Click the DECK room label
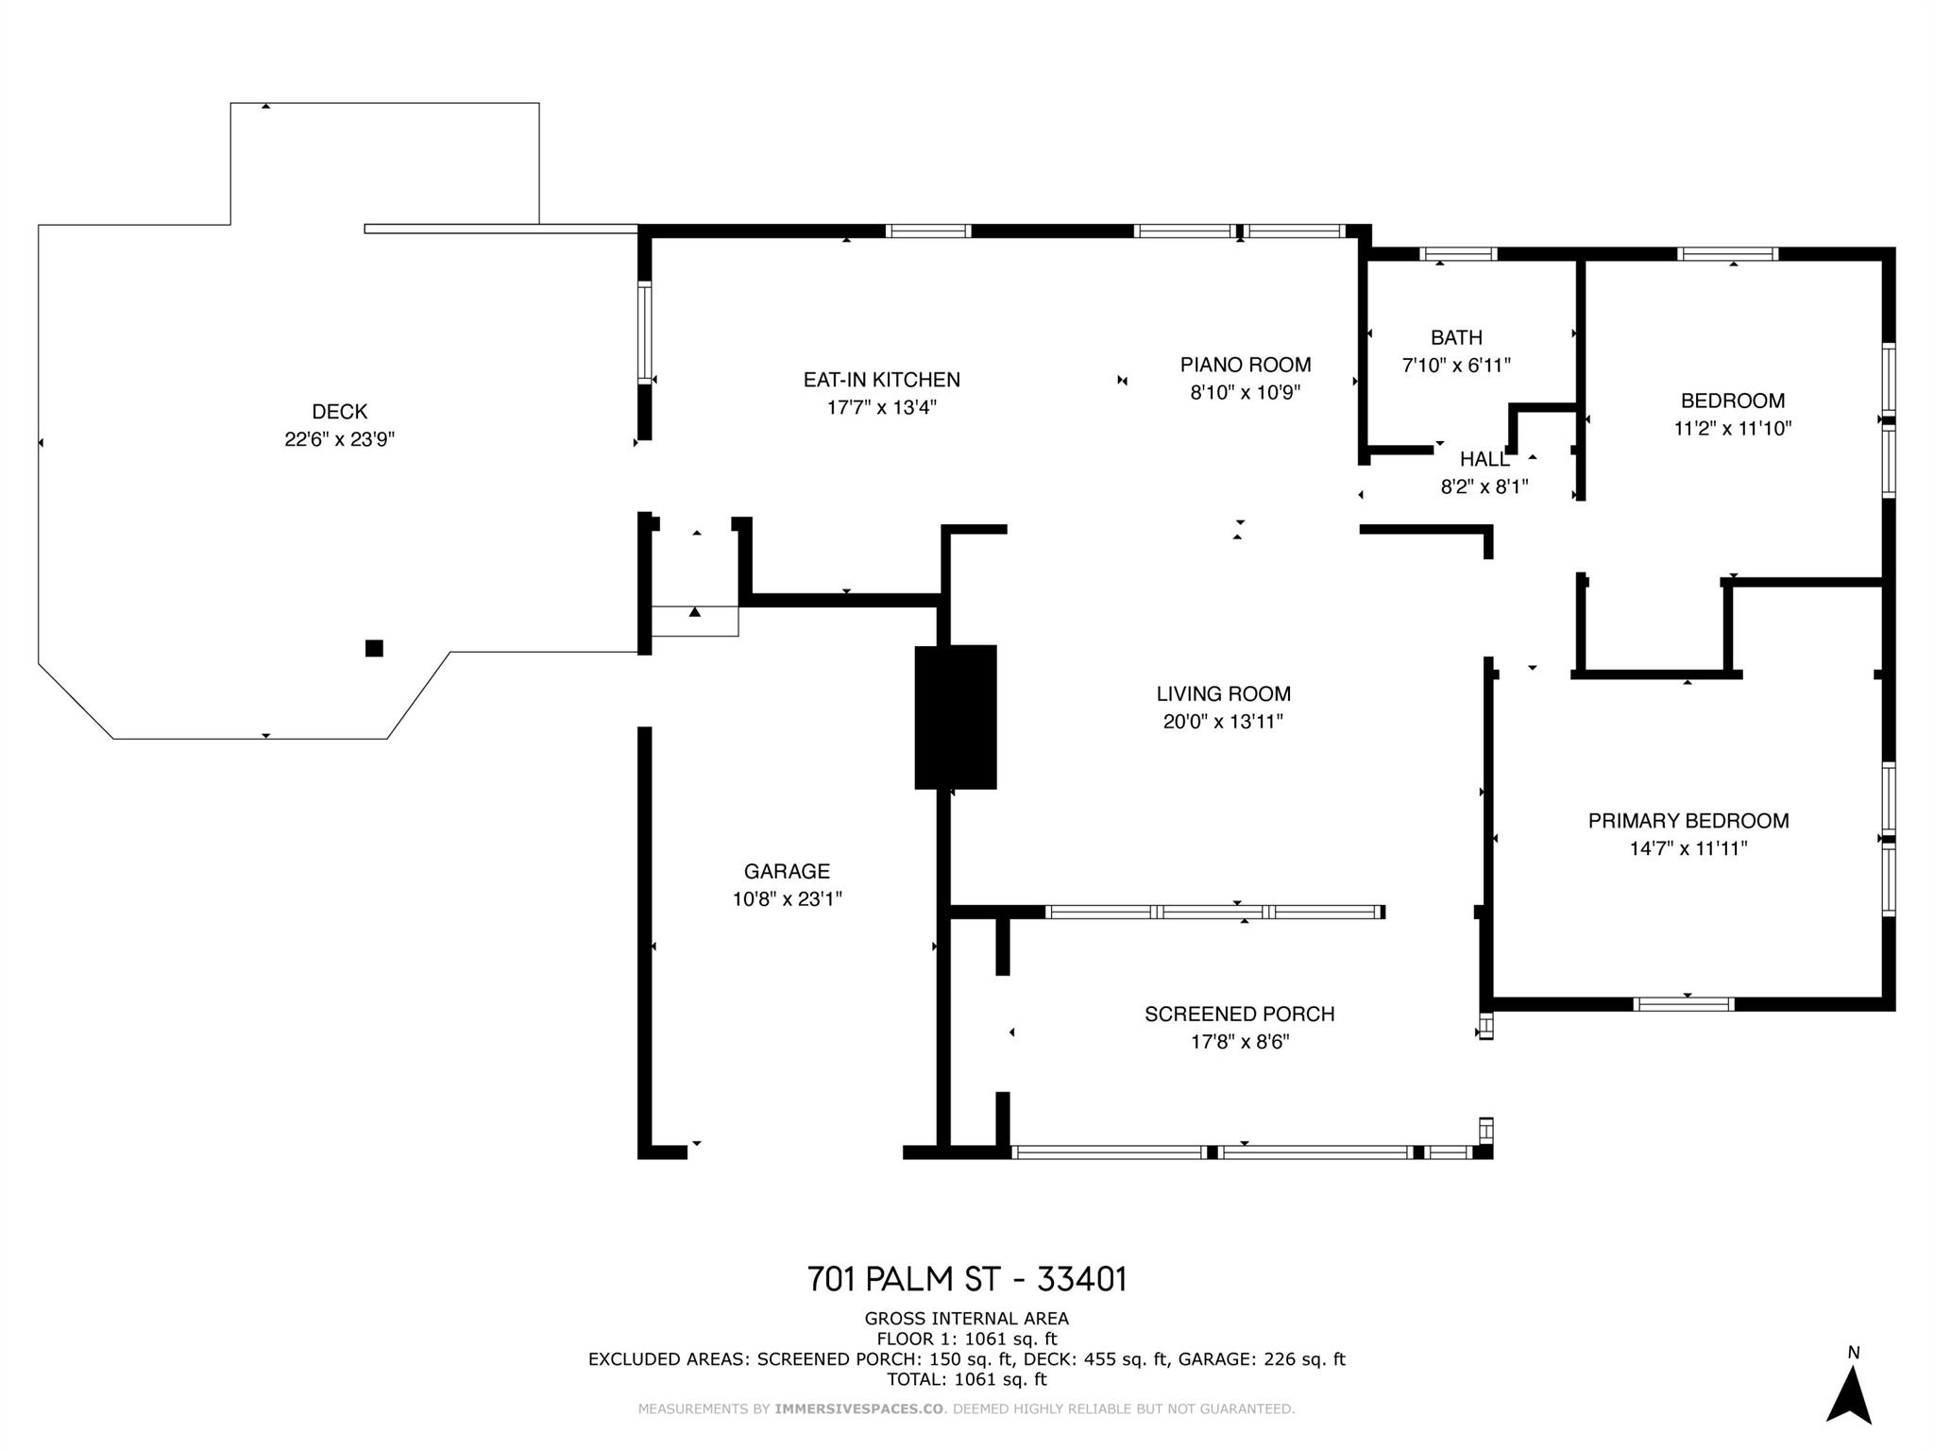tap(340, 412)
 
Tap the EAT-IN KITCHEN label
tap(882, 380)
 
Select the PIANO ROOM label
tap(1246, 365)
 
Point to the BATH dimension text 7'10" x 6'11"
tap(1456, 365)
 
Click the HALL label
tap(1484, 460)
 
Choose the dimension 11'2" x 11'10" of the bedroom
tap(1733, 428)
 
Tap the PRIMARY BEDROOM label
tap(1688, 821)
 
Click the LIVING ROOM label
tap(1224, 694)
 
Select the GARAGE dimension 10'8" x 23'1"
tap(788, 899)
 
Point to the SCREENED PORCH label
tap(1240, 1015)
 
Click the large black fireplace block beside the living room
tap(956, 717)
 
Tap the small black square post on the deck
tap(374, 648)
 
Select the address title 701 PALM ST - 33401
tap(967, 1279)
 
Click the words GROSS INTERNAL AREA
tap(967, 1319)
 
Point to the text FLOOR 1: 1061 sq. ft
tap(967, 1340)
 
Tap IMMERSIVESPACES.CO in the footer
tap(859, 1408)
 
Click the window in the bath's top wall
tap(1458, 253)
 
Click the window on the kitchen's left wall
tap(645, 333)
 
